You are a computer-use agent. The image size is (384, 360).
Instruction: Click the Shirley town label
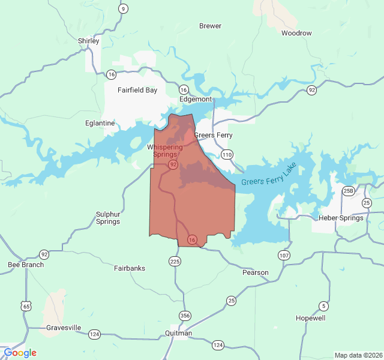pos(88,41)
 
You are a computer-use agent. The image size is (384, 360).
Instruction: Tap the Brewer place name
pos(210,26)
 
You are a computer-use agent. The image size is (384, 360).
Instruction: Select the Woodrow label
pos(296,33)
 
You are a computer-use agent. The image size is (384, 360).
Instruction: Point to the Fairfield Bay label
pos(137,91)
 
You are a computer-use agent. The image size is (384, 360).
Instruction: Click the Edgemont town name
pos(196,99)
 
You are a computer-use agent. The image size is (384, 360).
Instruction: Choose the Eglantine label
pos(100,123)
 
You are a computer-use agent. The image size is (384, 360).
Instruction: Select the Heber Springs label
pos(341,218)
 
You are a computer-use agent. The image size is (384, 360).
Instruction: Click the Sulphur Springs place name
pos(108,218)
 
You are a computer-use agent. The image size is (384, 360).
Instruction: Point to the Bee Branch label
pos(26,265)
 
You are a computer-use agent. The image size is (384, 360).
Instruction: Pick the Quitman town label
pos(179,334)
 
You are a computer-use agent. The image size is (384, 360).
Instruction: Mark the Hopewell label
pos(311,318)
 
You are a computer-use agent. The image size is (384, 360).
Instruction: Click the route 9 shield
pos(123,8)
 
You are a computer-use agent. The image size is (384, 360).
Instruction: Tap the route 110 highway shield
pos(226,155)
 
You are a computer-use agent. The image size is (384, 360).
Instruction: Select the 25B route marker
pos(349,191)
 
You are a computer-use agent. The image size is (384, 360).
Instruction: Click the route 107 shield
pos(283,256)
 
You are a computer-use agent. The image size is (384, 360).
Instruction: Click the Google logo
pos(20,353)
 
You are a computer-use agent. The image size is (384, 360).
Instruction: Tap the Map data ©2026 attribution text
pos(358,355)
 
